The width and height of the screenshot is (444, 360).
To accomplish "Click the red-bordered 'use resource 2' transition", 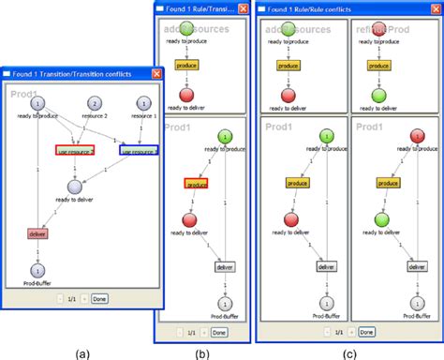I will [x=74, y=150].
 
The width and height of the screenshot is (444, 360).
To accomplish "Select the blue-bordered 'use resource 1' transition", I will [x=138, y=150].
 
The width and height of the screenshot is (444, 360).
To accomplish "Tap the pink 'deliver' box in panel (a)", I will [x=39, y=233].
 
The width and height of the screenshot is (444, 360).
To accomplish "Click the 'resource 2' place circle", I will [x=93, y=103].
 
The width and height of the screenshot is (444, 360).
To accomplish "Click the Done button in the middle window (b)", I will [x=218, y=331].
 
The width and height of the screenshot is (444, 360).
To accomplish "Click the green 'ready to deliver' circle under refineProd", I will [x=378, y=96].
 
